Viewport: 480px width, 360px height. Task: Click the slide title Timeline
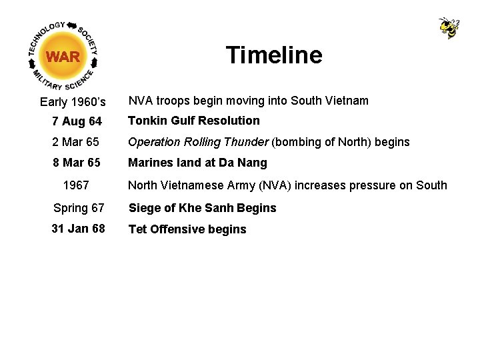(273, 55)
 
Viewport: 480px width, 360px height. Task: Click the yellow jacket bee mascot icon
(449, 28)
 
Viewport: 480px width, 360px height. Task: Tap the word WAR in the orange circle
(63, 57)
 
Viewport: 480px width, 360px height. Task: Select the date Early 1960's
(73, 102)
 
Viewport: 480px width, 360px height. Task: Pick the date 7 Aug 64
(77, 121)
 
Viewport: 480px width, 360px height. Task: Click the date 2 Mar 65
(75, 142)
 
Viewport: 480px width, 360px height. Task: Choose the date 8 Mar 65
(76, 163)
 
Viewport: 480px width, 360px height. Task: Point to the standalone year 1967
(76, 185)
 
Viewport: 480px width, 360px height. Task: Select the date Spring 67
(79, 208)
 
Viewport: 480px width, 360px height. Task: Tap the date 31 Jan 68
(78, 229)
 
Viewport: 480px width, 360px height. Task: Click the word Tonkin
(147, 121)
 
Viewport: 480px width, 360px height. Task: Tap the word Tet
(137, 229)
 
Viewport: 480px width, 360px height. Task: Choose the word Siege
(144, 208)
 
